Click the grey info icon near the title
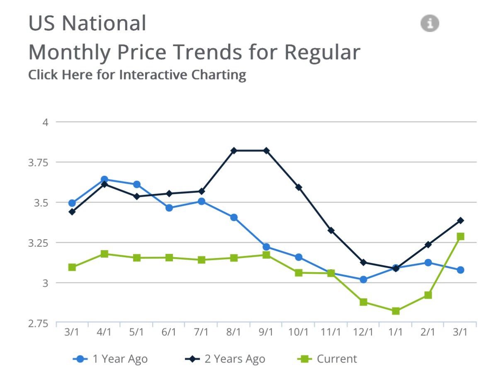(x=430, y=23)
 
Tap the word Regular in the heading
(x=322, y=52)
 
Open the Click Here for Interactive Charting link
(x=137, y=75)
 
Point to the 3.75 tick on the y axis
(x=38, y=163)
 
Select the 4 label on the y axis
(x=46, y=122)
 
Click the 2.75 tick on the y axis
(x=38, y=324)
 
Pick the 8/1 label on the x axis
(x=234, y=332)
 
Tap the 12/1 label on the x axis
(x=363, y=332)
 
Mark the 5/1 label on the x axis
(x=136, y=332)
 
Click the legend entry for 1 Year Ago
(x=110, y=359)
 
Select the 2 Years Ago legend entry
(x=225, y=359)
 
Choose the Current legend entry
(x=327, y=359)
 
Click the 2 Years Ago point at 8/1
(x=234, y=151)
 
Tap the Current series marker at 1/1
(x=396, y=311)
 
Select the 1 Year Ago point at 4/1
(x=105, y=179)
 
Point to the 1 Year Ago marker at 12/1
(x=363, y=280)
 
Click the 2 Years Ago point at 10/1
(x=299, y=187)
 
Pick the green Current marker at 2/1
(x=428, y=295)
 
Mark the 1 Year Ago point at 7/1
(x=202, y=202)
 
